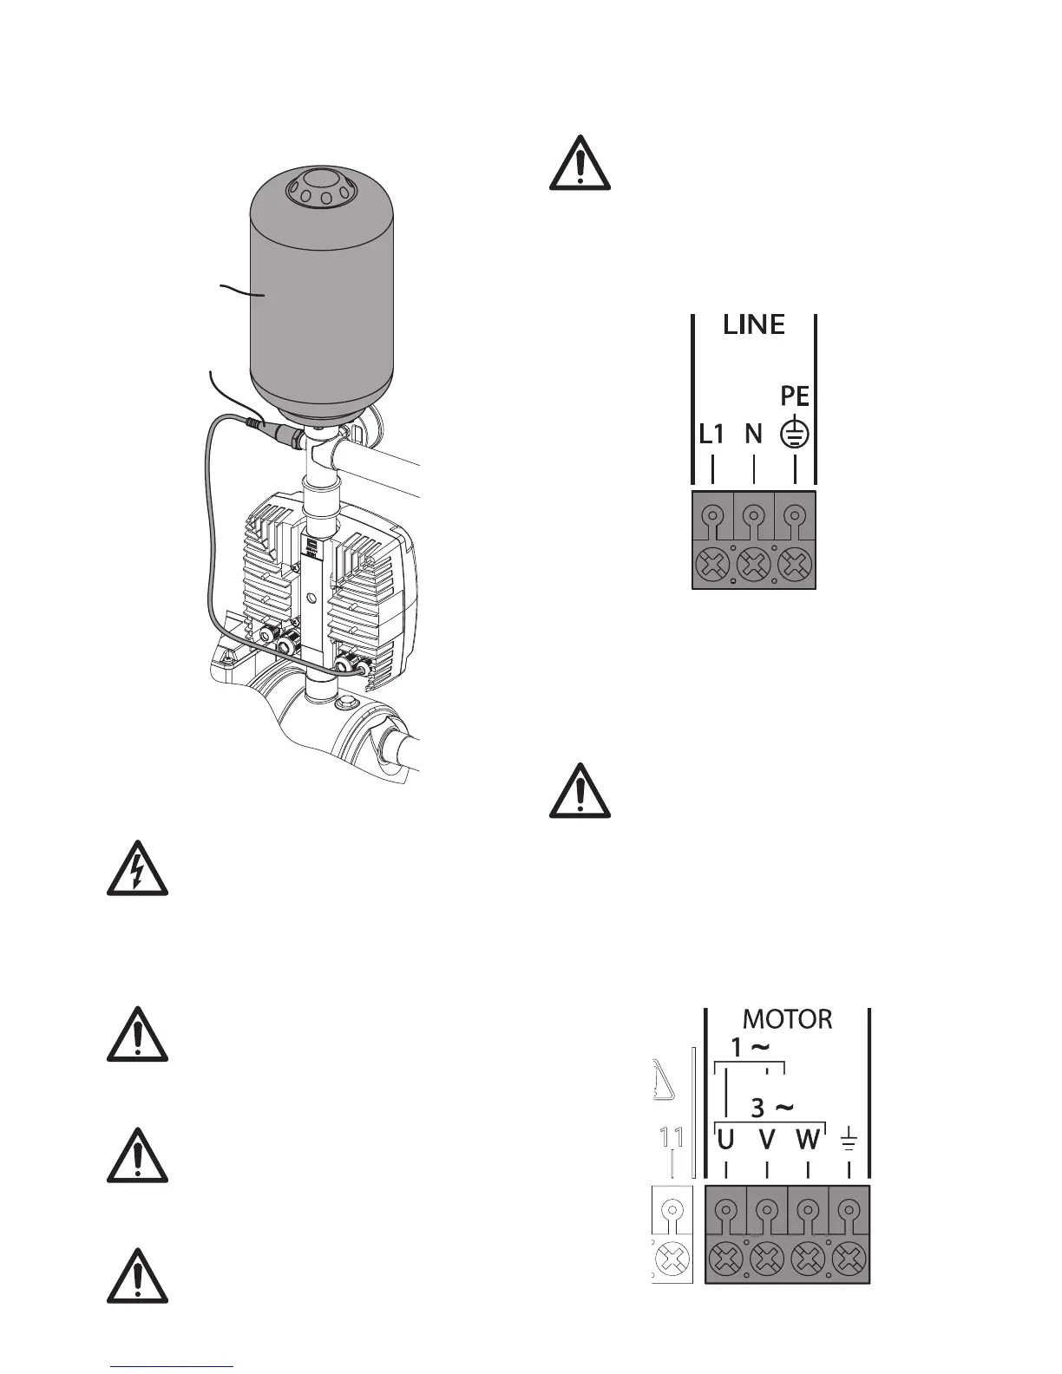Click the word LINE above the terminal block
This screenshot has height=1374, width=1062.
pyautogui.click(x=754, y=325)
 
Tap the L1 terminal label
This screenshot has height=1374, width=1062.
pyautogui.click(x=711, y=435)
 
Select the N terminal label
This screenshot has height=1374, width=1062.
pyautogui.click(x=753, y=435)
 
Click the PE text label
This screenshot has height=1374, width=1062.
pyautogui.click(x=795, y=396)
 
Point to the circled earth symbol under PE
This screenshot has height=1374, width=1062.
pyautogui.click(x=796, y=435)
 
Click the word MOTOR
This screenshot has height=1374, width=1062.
pyautogui.click(x=788, y=1019)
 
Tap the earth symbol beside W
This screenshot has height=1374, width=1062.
pyautogui.click(x=849, y=1140)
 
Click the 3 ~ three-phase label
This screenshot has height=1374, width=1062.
pyautogui.click(x=771, y=1108)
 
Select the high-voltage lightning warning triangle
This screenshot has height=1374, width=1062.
pyautogui.click(x=137, y=868)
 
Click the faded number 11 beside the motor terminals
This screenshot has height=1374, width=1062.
pyautogui.click(x=672, y=1137)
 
